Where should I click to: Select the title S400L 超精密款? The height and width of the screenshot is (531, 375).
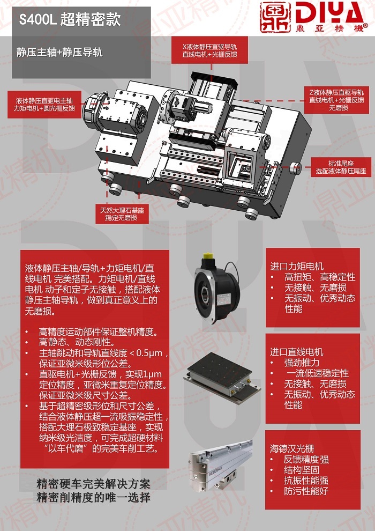70,20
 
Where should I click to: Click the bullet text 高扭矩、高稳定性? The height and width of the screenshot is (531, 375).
320,277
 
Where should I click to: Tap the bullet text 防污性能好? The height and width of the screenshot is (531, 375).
306,491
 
